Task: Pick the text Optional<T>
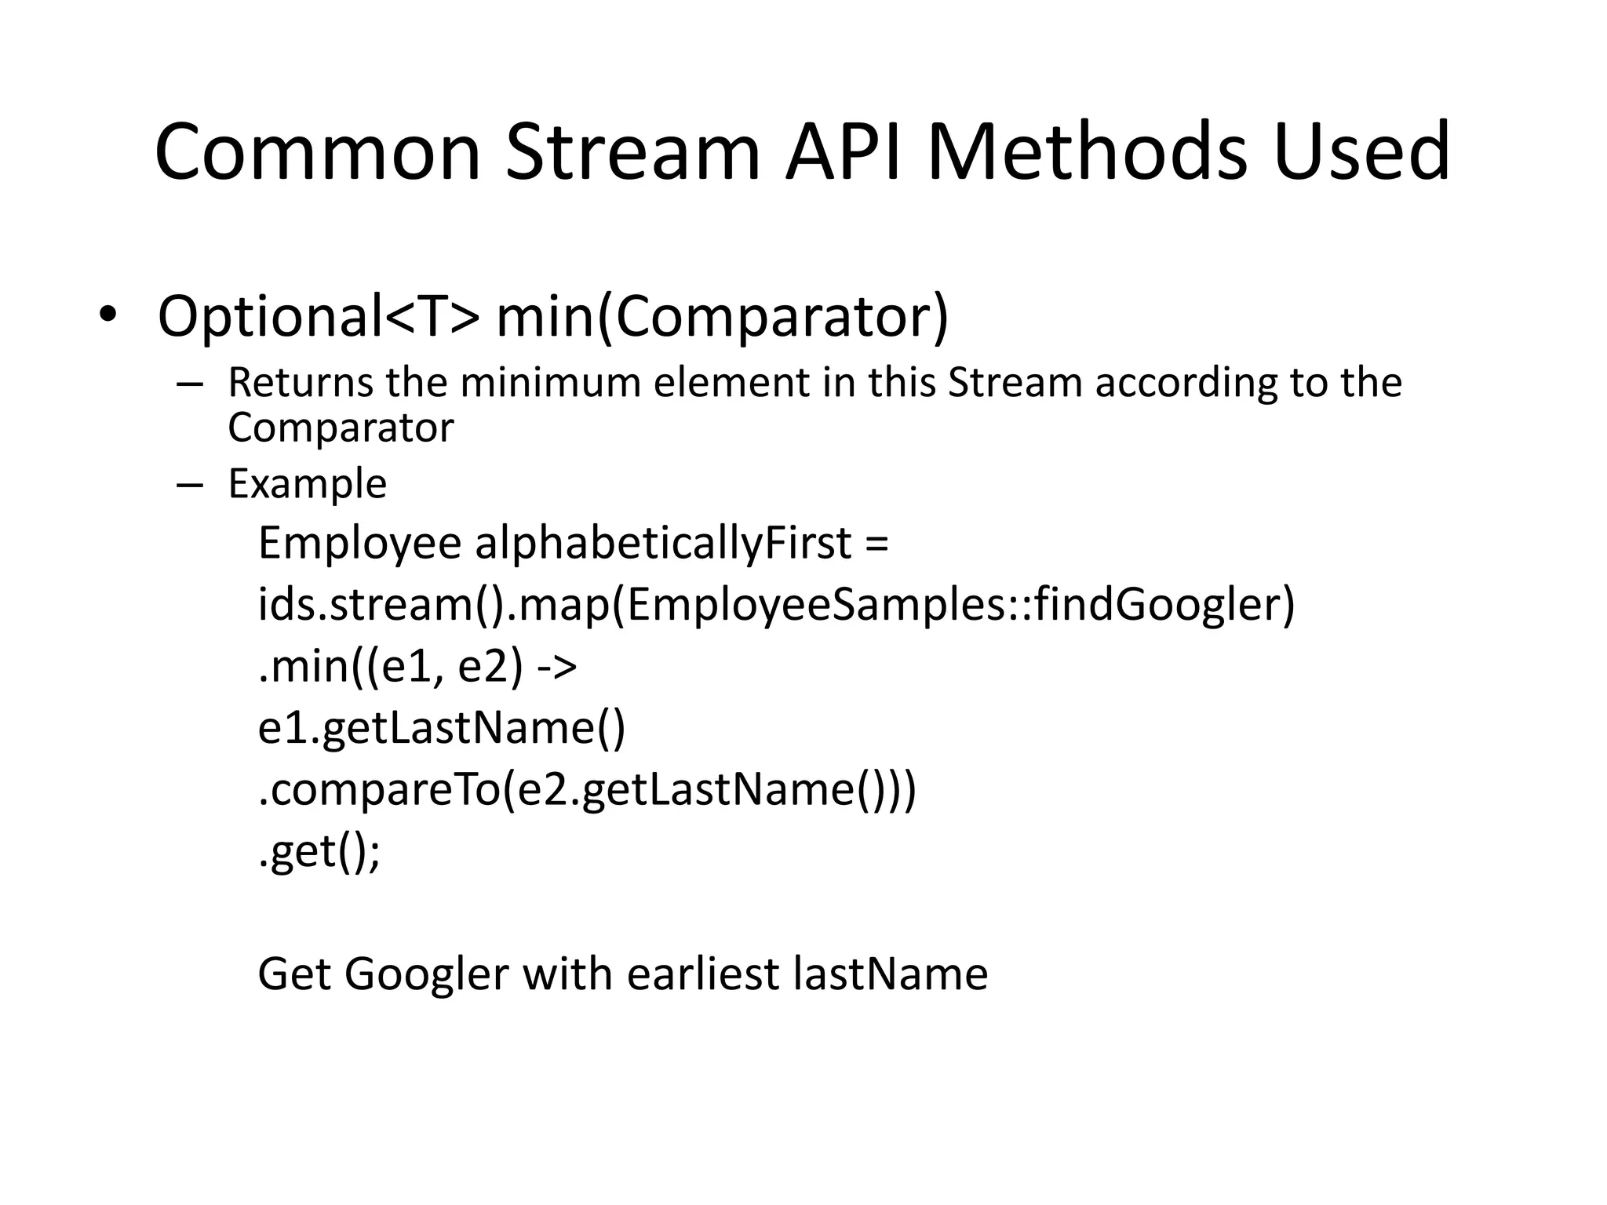[318, 317]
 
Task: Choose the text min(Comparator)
[722, 317]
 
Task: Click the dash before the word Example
[190, 484]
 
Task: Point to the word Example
[307, 484]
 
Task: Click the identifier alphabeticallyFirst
[663, 544]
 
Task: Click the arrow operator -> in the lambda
[557, 667]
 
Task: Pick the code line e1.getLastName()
[442, 728]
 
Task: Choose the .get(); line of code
[319, 852]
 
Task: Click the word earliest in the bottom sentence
[703, 974]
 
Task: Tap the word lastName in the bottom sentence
[891, 974]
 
